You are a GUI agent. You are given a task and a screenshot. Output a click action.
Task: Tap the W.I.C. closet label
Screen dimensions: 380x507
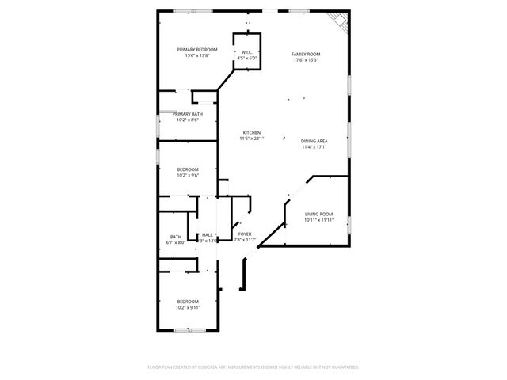[x=246, y=51]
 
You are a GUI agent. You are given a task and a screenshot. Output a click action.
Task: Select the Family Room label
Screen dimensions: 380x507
[x=307, y=54]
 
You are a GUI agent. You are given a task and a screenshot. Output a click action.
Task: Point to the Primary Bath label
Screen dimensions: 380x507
[x=188, y=115]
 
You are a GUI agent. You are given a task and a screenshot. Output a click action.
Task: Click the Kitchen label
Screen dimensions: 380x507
[x=251, y=132]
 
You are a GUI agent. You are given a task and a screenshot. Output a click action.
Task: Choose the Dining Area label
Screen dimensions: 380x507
[x=314, y=141]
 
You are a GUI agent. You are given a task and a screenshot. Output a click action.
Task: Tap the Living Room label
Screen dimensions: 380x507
[x=318, y=214]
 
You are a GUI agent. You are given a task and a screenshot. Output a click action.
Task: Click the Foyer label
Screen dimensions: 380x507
[x=245, y=234]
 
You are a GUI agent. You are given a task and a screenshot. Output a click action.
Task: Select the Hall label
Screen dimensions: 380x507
[x=207, y=234]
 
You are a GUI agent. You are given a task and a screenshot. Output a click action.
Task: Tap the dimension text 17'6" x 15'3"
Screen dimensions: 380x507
[x=307, y=60]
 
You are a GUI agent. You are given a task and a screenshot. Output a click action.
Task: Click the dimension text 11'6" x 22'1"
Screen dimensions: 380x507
[x=251, y=139]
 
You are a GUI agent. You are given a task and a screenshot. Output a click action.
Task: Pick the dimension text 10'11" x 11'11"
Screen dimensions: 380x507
[x=318, y=220]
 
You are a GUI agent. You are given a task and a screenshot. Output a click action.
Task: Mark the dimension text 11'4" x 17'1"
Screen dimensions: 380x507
[x=314, y=147]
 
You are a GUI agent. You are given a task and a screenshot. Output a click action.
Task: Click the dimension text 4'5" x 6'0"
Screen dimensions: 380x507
[x=246, y=58]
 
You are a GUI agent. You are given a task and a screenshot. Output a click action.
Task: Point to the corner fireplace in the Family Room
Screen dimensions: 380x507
[x=338, y=21]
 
